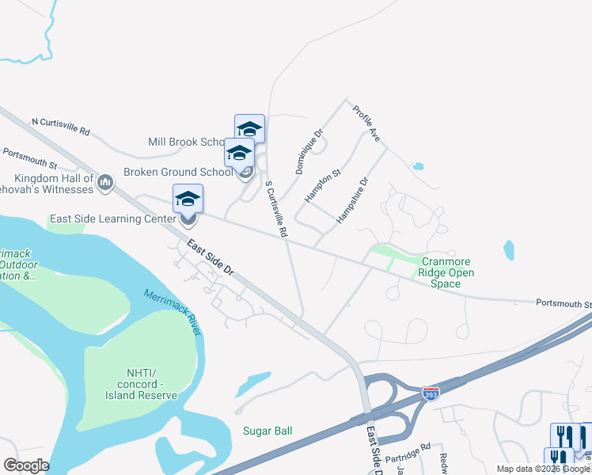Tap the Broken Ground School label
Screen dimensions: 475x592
[178, 172]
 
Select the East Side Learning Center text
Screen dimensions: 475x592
[112, 219]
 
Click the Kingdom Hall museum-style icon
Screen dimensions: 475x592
[106, 184]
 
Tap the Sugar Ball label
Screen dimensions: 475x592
[268, 431]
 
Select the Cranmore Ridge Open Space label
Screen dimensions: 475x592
[447, 272]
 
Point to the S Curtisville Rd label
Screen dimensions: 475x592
[275, 210]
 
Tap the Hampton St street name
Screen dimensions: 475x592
[323, 185]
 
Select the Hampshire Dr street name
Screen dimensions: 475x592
[353, 200]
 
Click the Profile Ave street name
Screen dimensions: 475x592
[366, 123]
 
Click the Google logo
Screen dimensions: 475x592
[26, 465]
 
